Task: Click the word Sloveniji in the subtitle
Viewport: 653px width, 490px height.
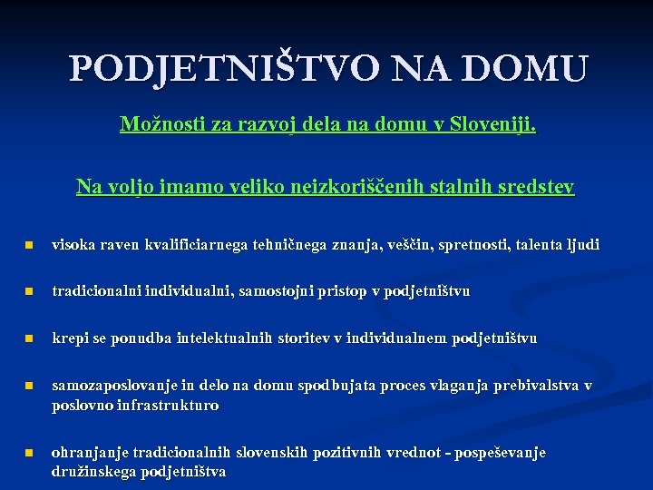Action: click(494, 124)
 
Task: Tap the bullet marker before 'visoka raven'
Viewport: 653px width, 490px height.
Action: click(28, 245)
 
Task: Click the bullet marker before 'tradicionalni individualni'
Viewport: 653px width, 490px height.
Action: click(28, 292)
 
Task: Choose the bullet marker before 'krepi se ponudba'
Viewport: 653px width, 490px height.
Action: click(28, 339)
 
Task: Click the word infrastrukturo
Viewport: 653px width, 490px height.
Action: click(168, 405)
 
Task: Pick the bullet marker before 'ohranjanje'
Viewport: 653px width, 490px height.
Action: click(28, 453)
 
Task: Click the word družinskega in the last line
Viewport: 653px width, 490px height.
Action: click(92, 471)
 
